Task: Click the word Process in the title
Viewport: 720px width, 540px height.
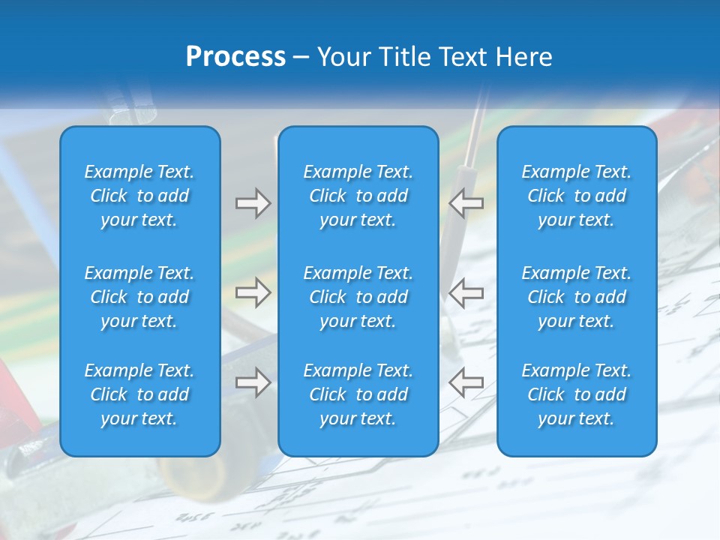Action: [x=235, y=57]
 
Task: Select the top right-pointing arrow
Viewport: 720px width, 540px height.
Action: [x=253, y=203]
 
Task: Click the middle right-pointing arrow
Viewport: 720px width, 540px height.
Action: [x=253, y=292]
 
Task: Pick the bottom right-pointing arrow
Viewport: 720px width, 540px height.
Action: [x=253, y=382]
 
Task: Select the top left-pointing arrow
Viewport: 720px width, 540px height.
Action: [x=466, y=203]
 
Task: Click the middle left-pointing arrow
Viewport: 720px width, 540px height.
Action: [x=466, y=292]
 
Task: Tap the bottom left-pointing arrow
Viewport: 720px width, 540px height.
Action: [x=466, y=382]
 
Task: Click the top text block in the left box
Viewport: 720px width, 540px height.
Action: [x=139, y=196]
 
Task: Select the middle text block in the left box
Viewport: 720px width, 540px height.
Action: [x=139, y=297]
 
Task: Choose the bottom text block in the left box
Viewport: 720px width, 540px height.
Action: [x=139, y=394]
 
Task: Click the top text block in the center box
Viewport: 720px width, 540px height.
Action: [x=358, y=196]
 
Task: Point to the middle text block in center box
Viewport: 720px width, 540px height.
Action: [x=358, y=297]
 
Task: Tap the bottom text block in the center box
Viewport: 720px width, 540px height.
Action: [x=358, y=394]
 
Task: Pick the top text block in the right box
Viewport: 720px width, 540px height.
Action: [x=576, y=196]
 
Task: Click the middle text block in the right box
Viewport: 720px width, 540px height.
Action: [x=576, y=297]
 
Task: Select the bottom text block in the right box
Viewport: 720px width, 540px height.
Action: [x=576, y=394]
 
